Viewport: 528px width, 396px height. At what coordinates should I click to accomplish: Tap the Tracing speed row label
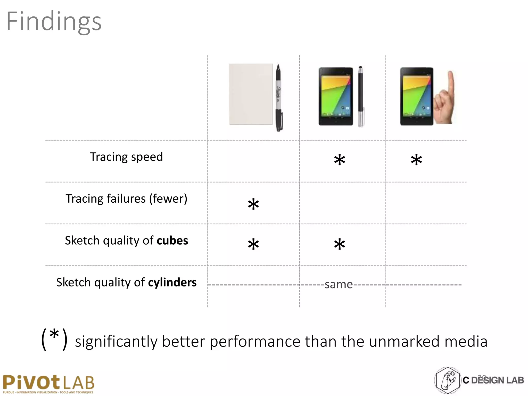[126, 157]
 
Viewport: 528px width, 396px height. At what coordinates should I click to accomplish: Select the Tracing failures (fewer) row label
[126, 199]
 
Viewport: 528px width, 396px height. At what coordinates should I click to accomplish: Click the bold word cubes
[172, 241]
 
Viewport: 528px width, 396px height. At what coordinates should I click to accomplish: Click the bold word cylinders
[172, 282]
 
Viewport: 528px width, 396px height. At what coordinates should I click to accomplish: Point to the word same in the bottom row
[339, 285]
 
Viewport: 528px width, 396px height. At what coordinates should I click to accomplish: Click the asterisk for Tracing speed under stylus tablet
[339, 160]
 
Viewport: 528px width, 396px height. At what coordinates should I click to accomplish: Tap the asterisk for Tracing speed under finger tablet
[416, 160]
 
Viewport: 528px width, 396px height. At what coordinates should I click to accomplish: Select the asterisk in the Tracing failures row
[253, 204]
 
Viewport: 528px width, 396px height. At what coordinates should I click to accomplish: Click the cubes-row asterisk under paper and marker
[253, 244]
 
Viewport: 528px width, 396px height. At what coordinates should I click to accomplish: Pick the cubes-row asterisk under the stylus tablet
[339, 244]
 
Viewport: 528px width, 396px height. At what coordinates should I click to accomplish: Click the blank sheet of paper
[251, 94]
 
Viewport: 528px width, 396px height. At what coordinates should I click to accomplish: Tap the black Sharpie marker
[279, 98]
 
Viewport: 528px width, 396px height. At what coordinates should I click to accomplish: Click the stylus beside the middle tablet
[361, 97]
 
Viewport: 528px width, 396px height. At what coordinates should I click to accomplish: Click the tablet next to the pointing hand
[416, 96]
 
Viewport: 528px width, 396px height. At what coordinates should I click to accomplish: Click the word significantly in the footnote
[116, 342]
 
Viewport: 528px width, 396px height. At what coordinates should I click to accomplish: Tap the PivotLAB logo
[48, 384]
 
